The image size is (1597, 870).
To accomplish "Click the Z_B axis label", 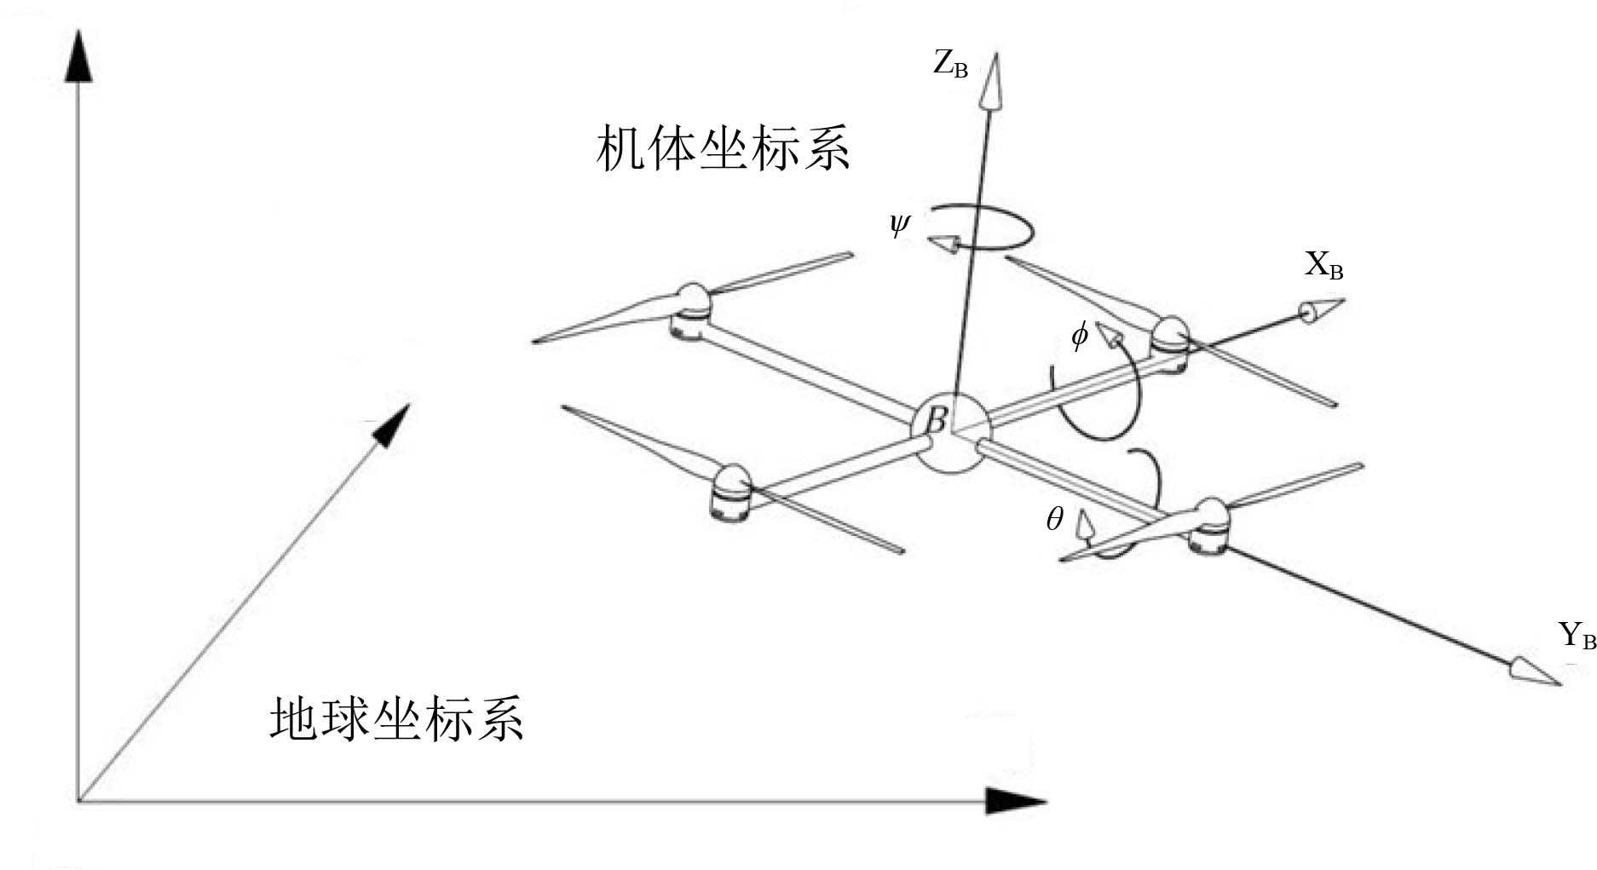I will click(950, 65).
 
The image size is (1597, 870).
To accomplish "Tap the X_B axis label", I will click(1323, 266).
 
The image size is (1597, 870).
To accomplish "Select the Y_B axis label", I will click(1576, 636).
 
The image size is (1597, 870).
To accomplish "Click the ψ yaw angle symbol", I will click(899, 224).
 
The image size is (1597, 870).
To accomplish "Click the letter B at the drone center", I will click(937, 420).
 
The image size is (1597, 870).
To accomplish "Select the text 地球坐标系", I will click(396, 718).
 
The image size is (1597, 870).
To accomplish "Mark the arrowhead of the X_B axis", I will click(1321, 310).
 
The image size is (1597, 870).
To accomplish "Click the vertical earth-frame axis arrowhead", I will click(78, 55).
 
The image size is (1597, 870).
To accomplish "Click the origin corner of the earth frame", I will click(78, 801).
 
